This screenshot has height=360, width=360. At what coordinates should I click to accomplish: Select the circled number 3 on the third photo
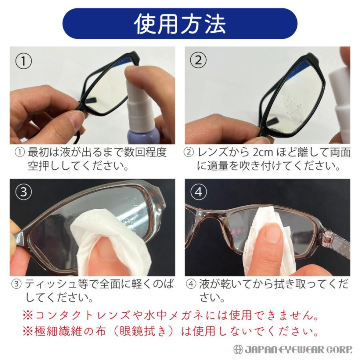(x=24, y=192)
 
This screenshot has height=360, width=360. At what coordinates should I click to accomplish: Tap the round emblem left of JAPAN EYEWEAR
(x=238, y=349)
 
